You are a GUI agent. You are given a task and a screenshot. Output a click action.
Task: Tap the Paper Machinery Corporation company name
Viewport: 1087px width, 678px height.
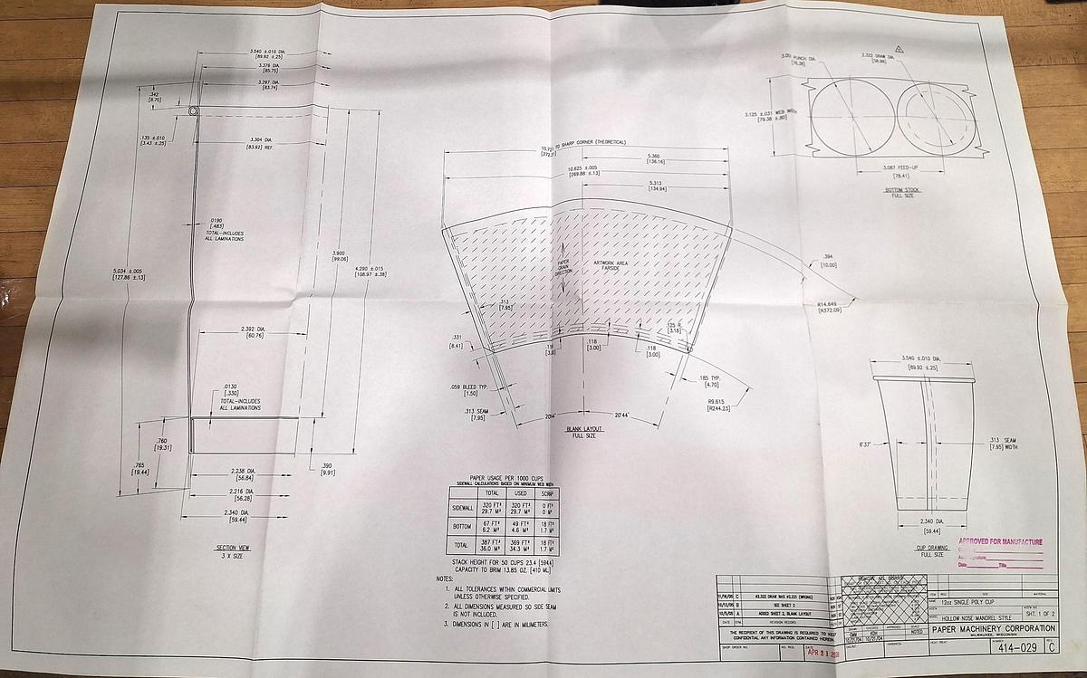[x=992, y=629]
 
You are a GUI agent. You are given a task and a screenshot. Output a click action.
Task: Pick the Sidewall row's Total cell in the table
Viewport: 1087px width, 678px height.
[x=492, y=509]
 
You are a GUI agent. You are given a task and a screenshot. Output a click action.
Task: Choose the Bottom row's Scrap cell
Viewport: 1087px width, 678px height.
[x=547, y=528]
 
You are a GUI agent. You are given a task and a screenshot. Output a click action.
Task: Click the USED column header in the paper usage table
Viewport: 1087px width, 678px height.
[x=520, y=493]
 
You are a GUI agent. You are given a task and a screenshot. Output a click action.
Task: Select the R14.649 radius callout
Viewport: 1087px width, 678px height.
[x=830, y=307]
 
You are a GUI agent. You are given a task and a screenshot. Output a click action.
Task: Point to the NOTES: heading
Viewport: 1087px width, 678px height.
[x=444, y=578]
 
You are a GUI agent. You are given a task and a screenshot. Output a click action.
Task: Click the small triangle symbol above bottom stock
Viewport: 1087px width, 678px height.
[x=899, y=46]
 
